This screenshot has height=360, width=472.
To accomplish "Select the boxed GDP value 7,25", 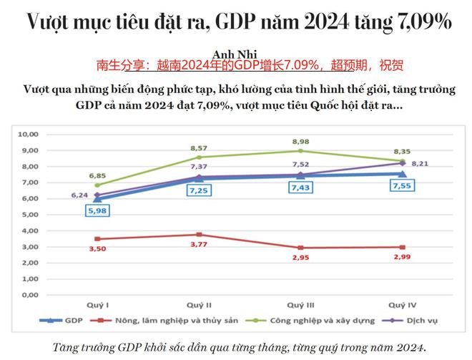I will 198,191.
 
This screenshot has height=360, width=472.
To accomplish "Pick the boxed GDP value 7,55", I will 400,185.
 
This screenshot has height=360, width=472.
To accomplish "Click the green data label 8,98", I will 300,141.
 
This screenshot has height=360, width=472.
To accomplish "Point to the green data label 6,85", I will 98,175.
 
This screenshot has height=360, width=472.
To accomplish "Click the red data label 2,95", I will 300,258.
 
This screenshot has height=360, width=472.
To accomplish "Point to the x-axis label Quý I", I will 98,303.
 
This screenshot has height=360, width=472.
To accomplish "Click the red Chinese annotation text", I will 250,66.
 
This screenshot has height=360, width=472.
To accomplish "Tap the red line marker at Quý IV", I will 400,247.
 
